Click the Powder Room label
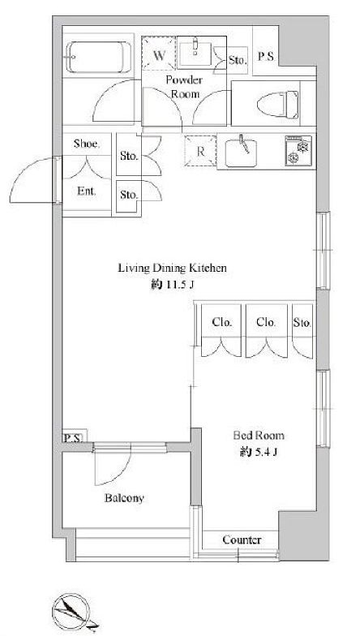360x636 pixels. click(x=184, y=87)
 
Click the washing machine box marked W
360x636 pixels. click(x=160, y=55)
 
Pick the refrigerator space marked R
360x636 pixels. click(x=199, y=151)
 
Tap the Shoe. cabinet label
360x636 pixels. click(x=87, y=144)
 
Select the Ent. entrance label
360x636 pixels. click(x=87, y=192)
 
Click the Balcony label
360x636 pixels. click(x=123, y=498)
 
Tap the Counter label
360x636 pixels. click(x=241, y=539)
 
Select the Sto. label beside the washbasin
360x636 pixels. click(x=237, y=59)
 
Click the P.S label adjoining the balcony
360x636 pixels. click(x=73, y=439)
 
